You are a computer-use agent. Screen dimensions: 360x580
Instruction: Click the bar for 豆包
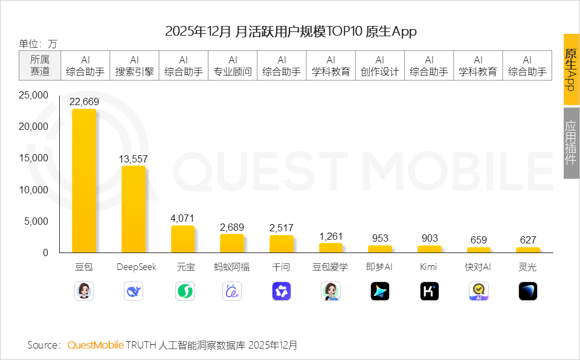pyautogui.click(x=84, y=181)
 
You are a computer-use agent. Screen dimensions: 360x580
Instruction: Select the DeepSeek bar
pyautogui.click(x=134, y=209)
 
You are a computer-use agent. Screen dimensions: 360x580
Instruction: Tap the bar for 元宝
pyautogui.click(x=182, y=239)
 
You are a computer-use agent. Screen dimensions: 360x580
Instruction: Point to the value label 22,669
pyautogui.click(x=84, y=101)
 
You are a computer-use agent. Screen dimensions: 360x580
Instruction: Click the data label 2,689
pyautogui.click(x=232, y=227)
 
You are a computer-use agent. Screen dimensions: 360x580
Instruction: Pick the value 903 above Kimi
pyautogui.click(x=430, y=239)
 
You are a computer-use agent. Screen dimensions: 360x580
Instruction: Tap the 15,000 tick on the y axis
pyautogui.click(x=33, y=158)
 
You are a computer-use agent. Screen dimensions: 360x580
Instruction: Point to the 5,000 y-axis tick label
pyautogui.click(x=36, y=221)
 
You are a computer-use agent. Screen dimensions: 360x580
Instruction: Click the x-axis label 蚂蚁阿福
pyautogui.click(x=232, y=267)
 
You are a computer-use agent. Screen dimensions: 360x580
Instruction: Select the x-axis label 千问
pyautogui.click(x=282, y=267)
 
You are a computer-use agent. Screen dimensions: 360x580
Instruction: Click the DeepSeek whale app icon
pyautogui.click(x=134, y=291)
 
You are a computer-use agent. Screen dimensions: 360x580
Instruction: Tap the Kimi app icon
pyautogui.click(x=430, y=291)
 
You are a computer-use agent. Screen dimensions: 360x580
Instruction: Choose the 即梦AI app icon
pyautogui.click(x=380, y=291)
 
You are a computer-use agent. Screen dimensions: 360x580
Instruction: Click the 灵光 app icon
pyautogui.click(x=527, y=291)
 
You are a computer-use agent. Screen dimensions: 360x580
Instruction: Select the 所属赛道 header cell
pyautogui.click(x=40, y=65)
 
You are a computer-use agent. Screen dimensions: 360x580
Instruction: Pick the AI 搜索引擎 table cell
pyautogui.click(x=135, y=65)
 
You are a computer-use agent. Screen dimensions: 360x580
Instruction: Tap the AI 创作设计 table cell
pyautogui.click(x=380, y=65)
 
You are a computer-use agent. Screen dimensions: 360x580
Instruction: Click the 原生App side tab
pyautogui.click(x=571, y=69)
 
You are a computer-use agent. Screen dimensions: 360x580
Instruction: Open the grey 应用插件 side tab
pyautogui.click(x=571, y=143)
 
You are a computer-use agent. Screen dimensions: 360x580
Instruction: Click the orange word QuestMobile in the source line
pyautogui.click(x=95, y=345)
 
